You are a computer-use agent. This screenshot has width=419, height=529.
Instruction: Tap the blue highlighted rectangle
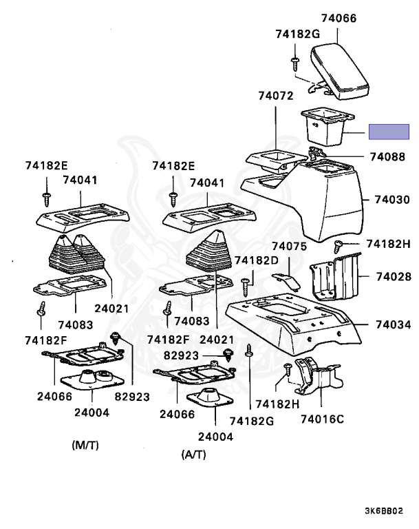pos(389,131)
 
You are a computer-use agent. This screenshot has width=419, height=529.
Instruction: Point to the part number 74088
pos(388,157)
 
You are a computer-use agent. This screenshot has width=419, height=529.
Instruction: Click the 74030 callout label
pos(393,200)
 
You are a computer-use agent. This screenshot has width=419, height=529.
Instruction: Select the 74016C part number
pos(321,417)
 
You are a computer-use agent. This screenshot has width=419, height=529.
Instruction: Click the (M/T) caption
pos(85,444)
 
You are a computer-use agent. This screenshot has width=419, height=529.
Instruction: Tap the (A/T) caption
pos(193,455)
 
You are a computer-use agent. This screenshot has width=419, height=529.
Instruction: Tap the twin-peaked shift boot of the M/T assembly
pos(76,258)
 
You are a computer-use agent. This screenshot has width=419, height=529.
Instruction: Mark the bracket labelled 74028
pos(334,279)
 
